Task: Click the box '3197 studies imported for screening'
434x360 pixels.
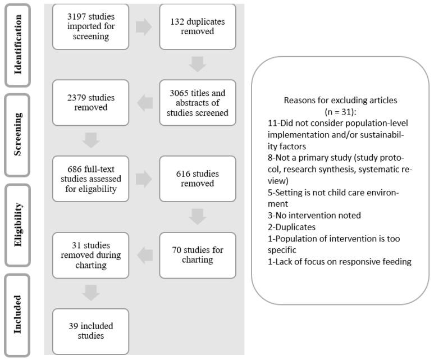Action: point(90,26)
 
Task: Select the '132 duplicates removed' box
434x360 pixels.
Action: point(197,26)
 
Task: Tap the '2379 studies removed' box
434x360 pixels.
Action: point(90,102)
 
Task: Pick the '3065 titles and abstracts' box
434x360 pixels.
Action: point(197,102)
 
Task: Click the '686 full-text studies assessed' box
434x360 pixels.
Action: point(90,179)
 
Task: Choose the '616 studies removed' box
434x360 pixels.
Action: point(197,179)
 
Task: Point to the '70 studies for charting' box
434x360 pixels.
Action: point(197,255)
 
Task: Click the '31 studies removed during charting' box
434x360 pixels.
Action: point(90,255)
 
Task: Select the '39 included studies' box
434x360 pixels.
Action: point(90,331)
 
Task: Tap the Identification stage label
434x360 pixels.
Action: point(19,44)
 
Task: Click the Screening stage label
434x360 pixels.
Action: point(19,135)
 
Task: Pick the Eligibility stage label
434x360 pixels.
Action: point(19,225)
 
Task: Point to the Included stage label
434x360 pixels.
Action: point(19,315)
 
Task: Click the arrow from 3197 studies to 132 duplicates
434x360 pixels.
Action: point(144,27)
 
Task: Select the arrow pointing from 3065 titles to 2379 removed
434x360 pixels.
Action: point(144,102)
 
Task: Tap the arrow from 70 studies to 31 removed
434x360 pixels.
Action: point(144,255)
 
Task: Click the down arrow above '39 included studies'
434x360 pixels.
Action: point(90,292)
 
